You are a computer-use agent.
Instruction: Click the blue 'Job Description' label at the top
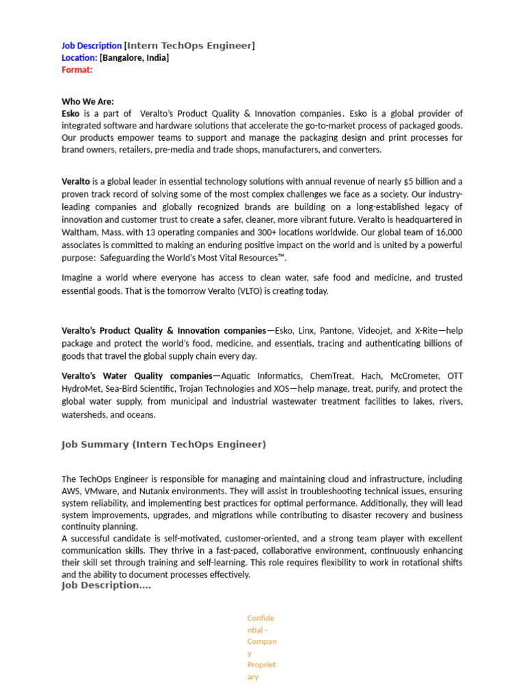(92, 46)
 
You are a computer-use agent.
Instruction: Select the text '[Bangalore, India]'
(134, 58)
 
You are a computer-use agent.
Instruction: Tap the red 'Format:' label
(77, 70)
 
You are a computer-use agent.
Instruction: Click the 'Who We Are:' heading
(87, 101)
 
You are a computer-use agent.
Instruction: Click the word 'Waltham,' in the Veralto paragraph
(80, 232)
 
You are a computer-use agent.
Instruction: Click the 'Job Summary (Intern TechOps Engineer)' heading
(163, 444)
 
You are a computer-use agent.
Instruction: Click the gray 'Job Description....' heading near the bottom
(106, 586)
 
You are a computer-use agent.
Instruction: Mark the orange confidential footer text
(262, 647)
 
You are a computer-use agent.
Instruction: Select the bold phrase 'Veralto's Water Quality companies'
(137, 376)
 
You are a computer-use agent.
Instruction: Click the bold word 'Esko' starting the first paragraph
(70, 113)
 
